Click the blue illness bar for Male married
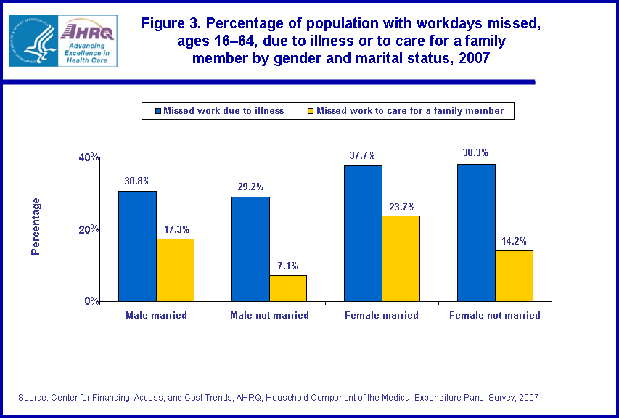137,245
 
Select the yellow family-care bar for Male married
175,269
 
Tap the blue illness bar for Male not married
250,248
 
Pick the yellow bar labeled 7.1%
288,287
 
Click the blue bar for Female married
363,233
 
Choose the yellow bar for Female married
401,258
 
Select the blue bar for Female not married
476,232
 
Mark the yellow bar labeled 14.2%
514,275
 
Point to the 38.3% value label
475,153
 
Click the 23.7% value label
401,205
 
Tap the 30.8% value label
137,180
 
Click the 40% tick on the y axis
89,157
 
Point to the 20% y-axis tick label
89,229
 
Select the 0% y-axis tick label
92,300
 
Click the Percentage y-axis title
36,226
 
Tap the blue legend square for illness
156,111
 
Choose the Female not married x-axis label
494,316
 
